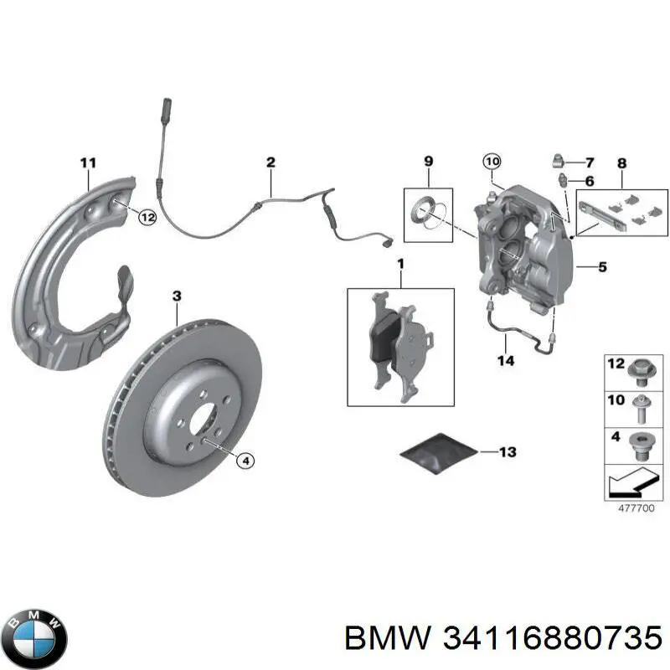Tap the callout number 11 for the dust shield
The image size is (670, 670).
tap(88, 162)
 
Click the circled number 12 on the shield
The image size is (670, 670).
tap(147, 218)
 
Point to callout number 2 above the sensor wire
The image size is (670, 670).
tap(271, 162)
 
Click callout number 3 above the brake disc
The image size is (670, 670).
tap(177, 296)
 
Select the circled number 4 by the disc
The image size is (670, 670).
tap(245, 460)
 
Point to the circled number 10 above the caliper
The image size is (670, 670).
tap(492, 161)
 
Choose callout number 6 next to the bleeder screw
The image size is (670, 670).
tap(590, 181)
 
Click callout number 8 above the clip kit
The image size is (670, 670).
tap(621, 162)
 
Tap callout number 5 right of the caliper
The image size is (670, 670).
tap(601, 268)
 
